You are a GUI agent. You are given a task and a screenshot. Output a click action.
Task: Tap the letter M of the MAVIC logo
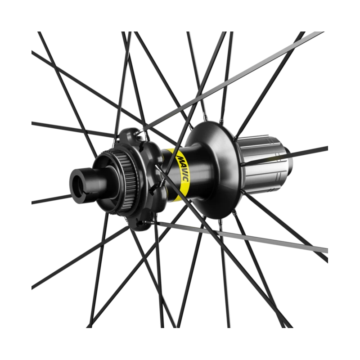pos(179,158)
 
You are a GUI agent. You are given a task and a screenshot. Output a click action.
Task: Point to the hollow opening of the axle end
pos(78,183)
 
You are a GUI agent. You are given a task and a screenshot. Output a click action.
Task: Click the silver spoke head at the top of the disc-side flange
pos(138,132)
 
